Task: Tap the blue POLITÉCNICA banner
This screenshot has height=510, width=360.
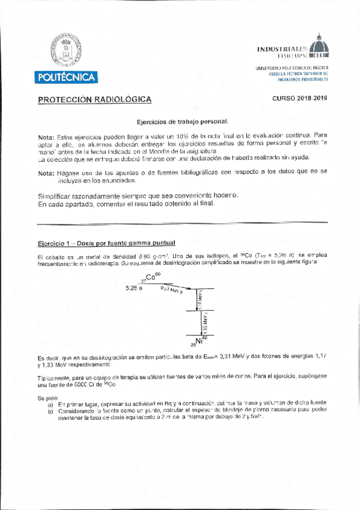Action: pos(66,78)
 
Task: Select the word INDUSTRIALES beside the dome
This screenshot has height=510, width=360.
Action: pos(282,49)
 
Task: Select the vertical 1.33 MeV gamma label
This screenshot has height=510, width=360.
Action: pos(205,325)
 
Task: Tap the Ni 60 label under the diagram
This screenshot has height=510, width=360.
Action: pos(199,342)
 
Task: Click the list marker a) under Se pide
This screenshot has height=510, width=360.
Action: pos(50,405)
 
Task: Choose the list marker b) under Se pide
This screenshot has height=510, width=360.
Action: pos(50,411)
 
